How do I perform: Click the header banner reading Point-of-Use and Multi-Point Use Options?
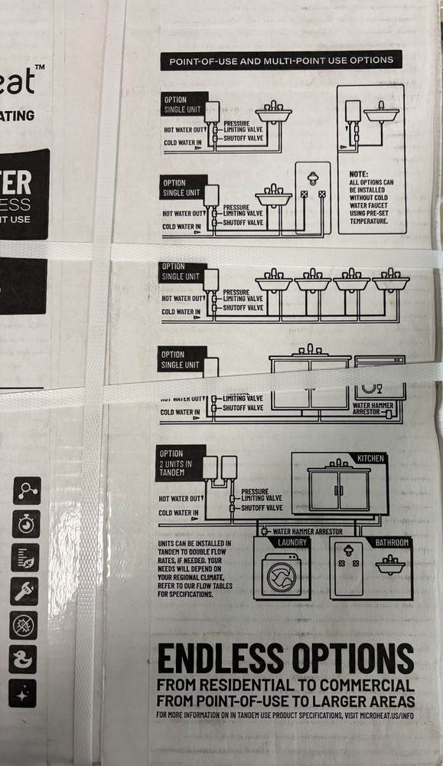(x=280, y=60)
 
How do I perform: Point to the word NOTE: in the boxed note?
(x=359, y=174)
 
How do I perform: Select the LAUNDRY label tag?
(x=293, y=542)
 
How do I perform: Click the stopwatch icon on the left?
(x=24, y=524)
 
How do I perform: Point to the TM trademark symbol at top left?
(x=40, y=69)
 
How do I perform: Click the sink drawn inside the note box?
(x=381, y=114)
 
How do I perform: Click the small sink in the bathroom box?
(x=391, y=568)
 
